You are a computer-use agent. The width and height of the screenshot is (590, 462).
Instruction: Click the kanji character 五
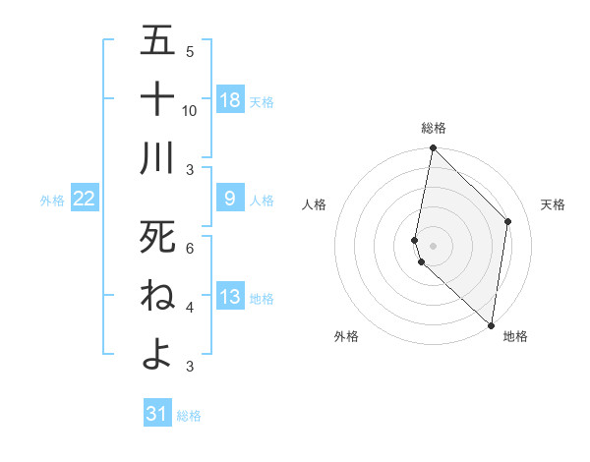pos(157,41)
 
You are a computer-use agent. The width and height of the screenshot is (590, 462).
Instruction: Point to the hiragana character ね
pos(157,296)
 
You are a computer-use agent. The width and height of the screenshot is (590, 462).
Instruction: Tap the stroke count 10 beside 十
pos(190,111)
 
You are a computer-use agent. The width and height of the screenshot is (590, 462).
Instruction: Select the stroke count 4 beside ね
pos(190,308)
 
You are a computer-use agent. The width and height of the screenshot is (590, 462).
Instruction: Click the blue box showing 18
pos(230,100)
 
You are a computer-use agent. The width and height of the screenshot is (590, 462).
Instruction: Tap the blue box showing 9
pos(230,199)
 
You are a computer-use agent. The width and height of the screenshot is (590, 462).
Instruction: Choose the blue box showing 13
pos(230,297)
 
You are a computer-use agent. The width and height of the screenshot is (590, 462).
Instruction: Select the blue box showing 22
pos(85,199)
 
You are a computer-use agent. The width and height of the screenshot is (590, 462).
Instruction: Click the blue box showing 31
pos(157,414)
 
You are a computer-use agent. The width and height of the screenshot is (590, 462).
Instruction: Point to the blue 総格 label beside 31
pos(189,416)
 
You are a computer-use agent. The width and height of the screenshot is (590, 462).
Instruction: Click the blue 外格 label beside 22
pos(52,201)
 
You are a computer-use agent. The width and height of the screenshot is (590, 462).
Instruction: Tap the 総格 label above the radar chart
pos(433,128)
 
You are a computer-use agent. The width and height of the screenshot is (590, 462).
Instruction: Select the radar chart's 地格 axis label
pos(515,337)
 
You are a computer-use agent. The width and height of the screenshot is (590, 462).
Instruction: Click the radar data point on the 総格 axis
pos(433,148)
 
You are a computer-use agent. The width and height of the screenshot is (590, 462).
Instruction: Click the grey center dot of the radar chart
pos(433,244)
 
